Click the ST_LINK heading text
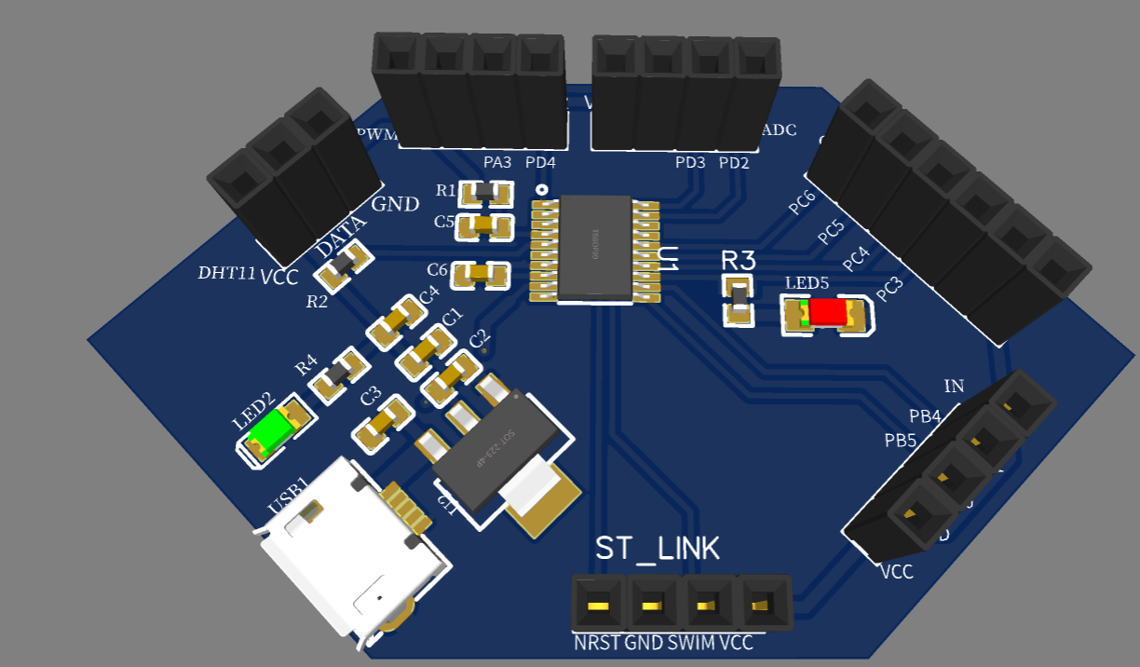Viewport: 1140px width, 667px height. click(x=658, y=549)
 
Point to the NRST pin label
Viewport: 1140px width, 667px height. click(x=596, y=643)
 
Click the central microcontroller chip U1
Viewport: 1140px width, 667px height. click(x=594, y=248)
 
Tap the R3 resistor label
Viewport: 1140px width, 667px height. click(x=739, y=260)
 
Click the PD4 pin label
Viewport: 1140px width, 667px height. click(x=540, y=162)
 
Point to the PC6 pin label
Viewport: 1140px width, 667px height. click(x=802, y=202)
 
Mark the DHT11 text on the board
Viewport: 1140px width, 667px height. click(x=226, y=273)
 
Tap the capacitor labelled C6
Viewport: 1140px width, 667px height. click(x=479, y=274)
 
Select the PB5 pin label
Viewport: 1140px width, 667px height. click(x=901, y=439)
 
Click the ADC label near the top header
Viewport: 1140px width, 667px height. click(x=779, y=130)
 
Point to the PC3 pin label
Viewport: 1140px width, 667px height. click(x=889, y=289)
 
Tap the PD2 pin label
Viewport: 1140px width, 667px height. click(x=734, y=163)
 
